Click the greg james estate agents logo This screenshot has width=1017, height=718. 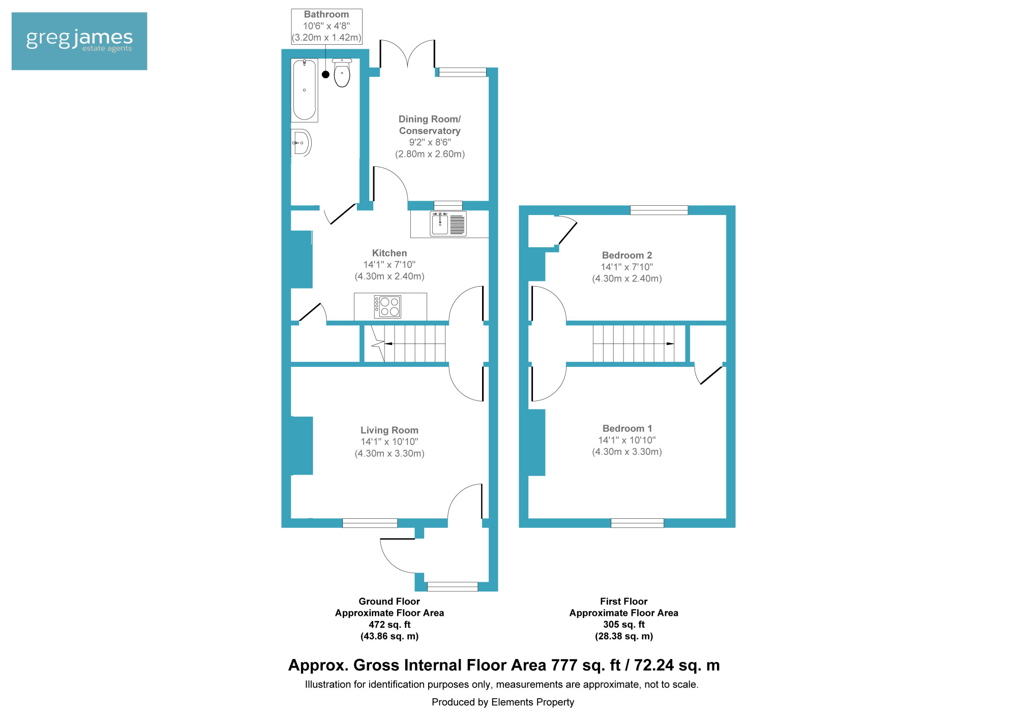tap(79, 41)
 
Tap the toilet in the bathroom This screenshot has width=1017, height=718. tap(342, 73)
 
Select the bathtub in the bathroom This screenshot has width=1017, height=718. tap(305, 90)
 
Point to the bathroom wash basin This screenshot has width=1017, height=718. tap(301, 143)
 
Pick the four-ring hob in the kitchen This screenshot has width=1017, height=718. tap(387, 307)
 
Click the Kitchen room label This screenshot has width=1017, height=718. tap(390, 253)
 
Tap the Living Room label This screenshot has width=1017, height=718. tap(390, 430)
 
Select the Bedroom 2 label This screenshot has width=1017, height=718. tap(627, 256)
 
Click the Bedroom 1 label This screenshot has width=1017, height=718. tap(627, 429)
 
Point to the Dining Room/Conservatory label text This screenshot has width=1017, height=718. tap(430, 125)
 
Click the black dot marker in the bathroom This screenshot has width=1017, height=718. tap(326, 75)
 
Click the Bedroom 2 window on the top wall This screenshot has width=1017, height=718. tap(659, 210)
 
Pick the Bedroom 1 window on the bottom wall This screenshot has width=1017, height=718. tap(637, 523)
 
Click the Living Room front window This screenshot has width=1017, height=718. tap(370, 523)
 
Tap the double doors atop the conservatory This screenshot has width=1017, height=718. tap(407, 54)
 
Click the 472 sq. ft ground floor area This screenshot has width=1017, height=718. tap(390, 625)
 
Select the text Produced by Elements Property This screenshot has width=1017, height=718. tap(503, 703)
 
